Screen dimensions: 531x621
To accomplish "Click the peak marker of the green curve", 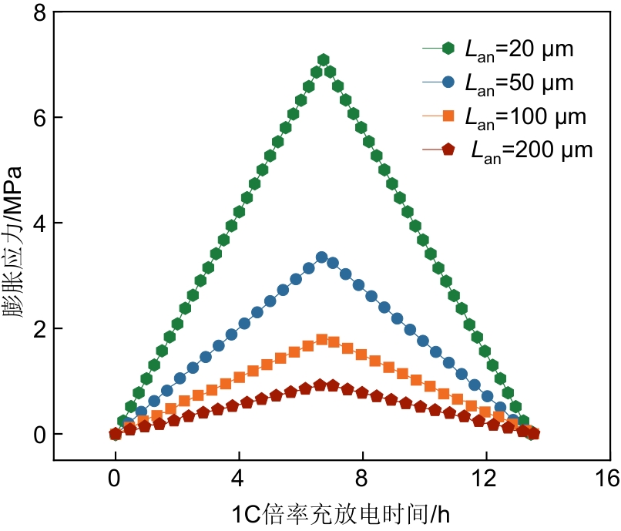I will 324,60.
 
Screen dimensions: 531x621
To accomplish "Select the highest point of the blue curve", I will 322,257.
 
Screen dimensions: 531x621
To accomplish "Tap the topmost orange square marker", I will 322,339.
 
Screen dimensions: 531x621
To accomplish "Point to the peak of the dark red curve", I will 321,385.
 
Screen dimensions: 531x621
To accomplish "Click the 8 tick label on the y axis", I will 38,13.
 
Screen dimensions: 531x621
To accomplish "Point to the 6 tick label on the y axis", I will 38,118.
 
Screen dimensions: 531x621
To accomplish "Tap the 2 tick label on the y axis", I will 38,329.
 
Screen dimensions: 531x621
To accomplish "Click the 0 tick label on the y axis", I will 38,435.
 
